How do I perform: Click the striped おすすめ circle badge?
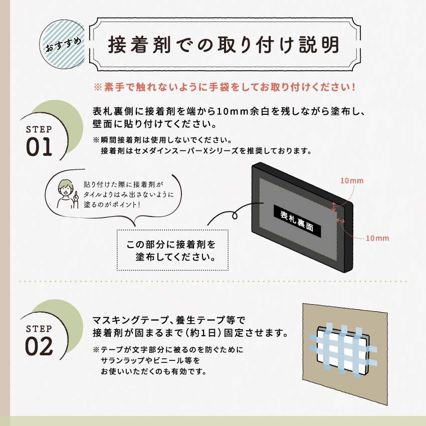62,44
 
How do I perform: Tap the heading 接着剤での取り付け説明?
224,45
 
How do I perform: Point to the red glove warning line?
225,87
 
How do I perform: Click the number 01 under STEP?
39,147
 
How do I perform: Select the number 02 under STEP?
39,346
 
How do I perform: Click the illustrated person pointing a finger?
66,194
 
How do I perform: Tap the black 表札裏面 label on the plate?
297,221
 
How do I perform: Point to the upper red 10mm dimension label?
352,180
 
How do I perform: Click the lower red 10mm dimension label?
377,238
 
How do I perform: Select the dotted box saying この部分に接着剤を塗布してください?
172,250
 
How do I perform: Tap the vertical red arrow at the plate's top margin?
334,207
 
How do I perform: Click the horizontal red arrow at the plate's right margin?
341,221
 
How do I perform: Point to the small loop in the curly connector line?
235,216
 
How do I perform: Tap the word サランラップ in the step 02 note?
123,360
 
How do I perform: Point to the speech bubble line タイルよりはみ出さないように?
128,194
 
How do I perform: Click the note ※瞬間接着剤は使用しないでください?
162,140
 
